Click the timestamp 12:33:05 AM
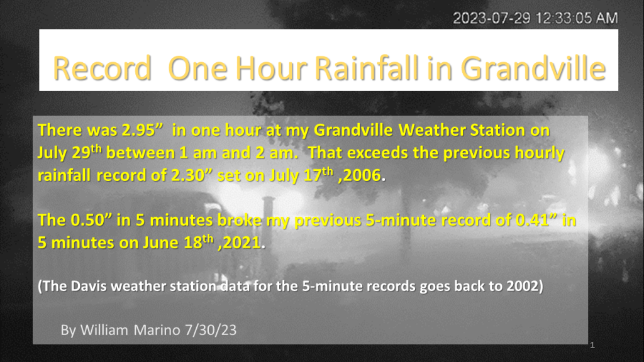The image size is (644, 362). pos(577,18)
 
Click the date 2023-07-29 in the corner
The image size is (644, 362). pos(491,18)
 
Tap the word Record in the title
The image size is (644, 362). pos(103,68)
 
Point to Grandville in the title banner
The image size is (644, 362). pos(533,68)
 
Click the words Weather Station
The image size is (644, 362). pos(461,130)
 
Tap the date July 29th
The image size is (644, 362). pos(69,152)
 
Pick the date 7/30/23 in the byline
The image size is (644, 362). pos(211,330)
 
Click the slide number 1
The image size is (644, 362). pos(592,345)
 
